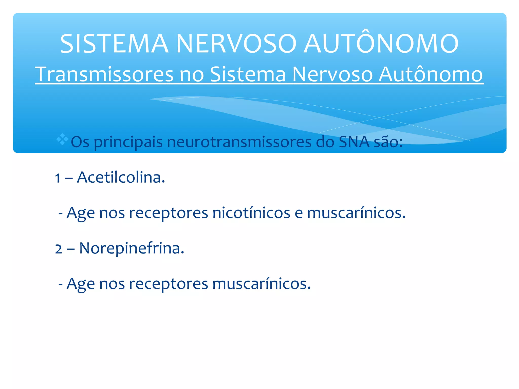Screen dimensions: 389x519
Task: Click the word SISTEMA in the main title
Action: [114, 44]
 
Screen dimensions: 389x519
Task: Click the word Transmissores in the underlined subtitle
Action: [104, 74]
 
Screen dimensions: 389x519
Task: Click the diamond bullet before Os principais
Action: [62, 139]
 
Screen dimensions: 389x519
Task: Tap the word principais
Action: [128, 142]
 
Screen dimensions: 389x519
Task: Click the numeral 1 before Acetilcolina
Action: [58, 178]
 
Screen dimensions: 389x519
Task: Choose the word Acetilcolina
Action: [121, 177]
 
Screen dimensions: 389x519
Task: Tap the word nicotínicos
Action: [251, 213]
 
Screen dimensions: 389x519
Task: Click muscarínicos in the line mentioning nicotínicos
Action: [356, 213]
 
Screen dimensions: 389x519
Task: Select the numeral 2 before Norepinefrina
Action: [58, 249]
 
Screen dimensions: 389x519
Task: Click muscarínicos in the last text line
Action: [261, 284]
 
